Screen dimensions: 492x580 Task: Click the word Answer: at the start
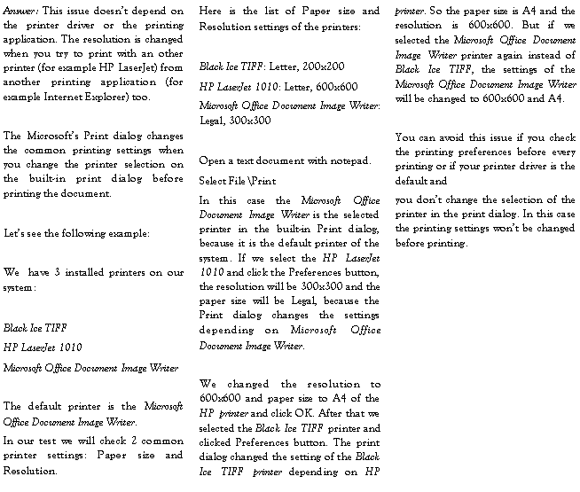(20, 11)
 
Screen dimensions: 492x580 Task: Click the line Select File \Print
(237, 181)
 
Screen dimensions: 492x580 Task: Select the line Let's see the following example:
(76, 233)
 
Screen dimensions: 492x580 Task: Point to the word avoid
(451, 137)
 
